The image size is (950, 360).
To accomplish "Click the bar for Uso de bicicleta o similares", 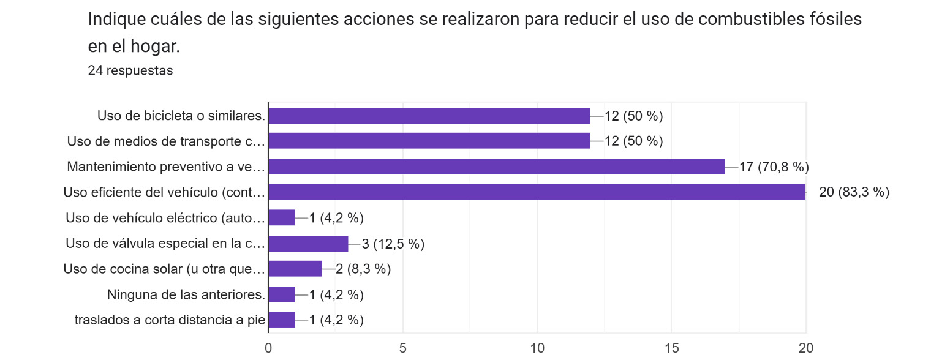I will coord(429,116).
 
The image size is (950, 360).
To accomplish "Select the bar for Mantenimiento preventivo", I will coord(496,167).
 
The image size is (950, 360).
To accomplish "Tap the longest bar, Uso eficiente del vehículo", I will coord(537,192).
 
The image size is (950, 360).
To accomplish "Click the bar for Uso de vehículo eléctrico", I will coord(282,218).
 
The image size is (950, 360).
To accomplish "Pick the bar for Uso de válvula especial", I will coord(308,244).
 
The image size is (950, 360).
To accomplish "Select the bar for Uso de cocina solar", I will coord(295,269).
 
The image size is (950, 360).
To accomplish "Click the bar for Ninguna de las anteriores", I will coord(282,295).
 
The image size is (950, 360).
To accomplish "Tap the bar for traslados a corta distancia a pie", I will coord(282,320).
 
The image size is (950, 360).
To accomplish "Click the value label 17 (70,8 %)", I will coord(774,167).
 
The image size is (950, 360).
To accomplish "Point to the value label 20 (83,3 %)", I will coord(854,192).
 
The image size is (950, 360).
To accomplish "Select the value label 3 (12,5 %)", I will coord(393,244).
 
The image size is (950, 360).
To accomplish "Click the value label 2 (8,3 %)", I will coord(363,269).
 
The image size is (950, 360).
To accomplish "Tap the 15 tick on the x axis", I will coord(672,348).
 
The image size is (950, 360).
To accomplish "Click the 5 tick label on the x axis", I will coord(403,348).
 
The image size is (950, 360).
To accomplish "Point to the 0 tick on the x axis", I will coord(268,348).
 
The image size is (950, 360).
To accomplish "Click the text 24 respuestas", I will coord(130,70).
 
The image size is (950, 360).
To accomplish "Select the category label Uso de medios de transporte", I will coord(165,141).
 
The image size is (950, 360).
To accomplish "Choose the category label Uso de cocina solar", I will coord(164,269).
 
